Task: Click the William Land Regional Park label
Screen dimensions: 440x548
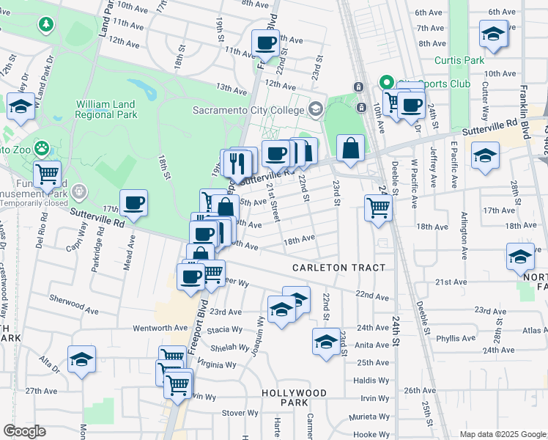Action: click(x=106, y=109)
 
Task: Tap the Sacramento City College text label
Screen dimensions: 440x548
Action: click(x=248, y=110)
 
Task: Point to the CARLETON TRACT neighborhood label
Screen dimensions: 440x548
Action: click(x=338, y=268)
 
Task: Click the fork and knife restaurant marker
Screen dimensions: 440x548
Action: click(x=237, y=164)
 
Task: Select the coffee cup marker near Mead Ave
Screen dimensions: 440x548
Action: click(x=133, y=203)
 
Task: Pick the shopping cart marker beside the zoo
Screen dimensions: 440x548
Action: click(x=47, y=174)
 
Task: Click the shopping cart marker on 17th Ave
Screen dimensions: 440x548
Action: click(x=378, y=208)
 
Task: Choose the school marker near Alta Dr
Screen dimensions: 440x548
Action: click(x=81, y=359)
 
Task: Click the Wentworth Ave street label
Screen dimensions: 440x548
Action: click(x=158, y=328)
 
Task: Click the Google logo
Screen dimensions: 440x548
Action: click(x=24, y=431)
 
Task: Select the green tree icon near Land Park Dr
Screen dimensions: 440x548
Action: click(x=46, y=24)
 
